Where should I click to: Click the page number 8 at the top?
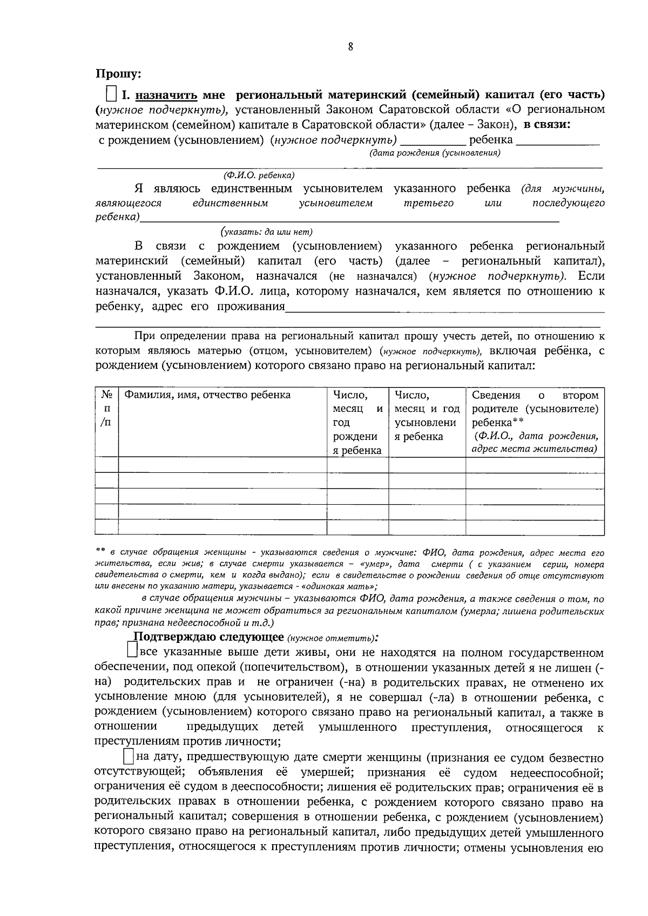coord(350,48)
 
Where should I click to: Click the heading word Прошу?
coord(118,73)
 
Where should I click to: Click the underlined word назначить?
coord(167,95)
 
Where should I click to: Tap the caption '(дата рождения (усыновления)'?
coord(435,153)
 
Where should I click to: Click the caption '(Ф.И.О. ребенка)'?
coord(259,175)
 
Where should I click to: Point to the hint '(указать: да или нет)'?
coord(266,232)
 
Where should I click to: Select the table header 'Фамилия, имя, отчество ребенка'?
coord(207,395)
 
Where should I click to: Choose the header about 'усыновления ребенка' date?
coord(427,416)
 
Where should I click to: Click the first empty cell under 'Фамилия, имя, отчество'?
coord(222,465)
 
